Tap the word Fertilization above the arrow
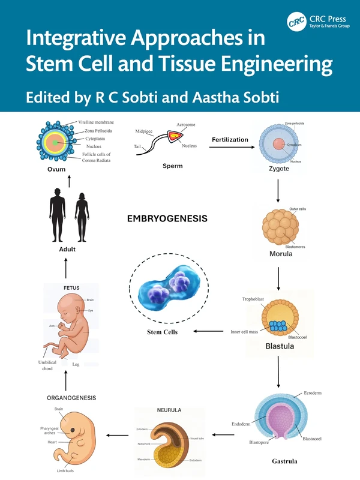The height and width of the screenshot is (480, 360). (230, 140)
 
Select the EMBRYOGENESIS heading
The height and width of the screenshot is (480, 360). (167, 219)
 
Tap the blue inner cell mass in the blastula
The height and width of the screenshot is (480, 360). (278, 327)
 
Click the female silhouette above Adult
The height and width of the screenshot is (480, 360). (81, 215)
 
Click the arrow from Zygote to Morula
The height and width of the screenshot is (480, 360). (278, 190)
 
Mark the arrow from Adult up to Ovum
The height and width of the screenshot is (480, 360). (70, 182)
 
